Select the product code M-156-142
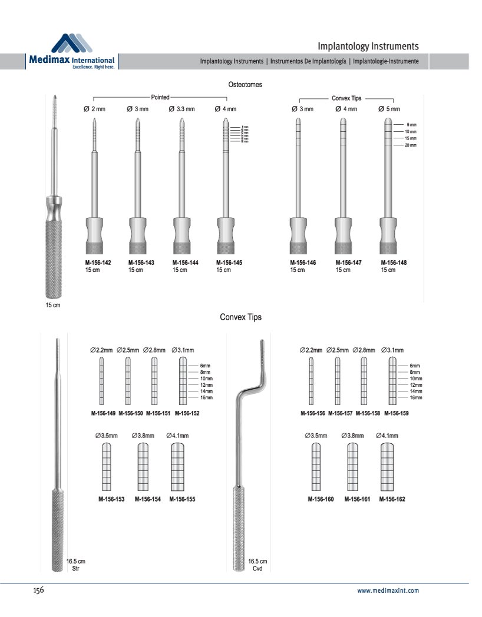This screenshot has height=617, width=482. [98, 263]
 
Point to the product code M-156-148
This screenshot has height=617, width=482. [393, 263]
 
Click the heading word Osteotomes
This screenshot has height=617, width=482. [245, 85]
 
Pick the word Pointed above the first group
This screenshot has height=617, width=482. [160, 97]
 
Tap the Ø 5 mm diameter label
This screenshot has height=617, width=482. [389, 109]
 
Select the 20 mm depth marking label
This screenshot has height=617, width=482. [411, 145]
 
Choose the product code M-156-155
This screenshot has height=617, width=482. [182, 499]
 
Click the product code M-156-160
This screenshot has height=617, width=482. [321, 499]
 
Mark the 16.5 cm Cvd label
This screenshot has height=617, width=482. [257, 565]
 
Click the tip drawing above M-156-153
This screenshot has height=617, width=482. [106, 467]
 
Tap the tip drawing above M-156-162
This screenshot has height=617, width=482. [388, 467]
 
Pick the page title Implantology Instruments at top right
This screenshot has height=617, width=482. [368, 46]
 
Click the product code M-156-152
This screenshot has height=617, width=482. [187, 413]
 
